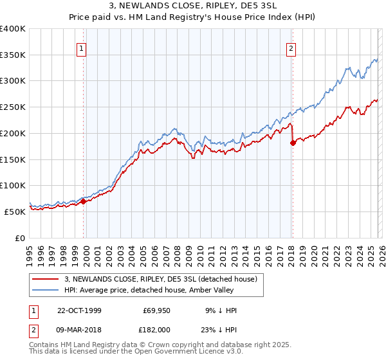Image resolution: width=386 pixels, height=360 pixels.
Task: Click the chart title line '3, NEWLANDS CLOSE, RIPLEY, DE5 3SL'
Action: pyautogui.click(x=193, y=6)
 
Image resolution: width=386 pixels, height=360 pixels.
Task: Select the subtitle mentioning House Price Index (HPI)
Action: pyautogui.click(x=193, y=17)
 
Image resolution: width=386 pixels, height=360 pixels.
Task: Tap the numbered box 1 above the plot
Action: pyautogui.click(x=83, y=48)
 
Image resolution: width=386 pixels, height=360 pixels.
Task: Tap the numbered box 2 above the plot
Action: pyautogui.click(x=291, y=48)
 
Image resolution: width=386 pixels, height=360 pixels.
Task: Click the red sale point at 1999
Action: pyautogui.click(x=84, y=201)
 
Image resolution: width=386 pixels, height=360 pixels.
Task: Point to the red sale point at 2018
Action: pyautogui.click(x=293, y=143)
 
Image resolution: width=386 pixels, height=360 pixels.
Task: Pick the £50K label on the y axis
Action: pyautogui.click(x=15, y=212)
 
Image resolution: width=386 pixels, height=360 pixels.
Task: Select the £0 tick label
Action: pyautogui.click(x=20, y=238)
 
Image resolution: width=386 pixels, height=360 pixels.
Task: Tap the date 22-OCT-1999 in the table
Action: pyautogui.click(x=78, y=310)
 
